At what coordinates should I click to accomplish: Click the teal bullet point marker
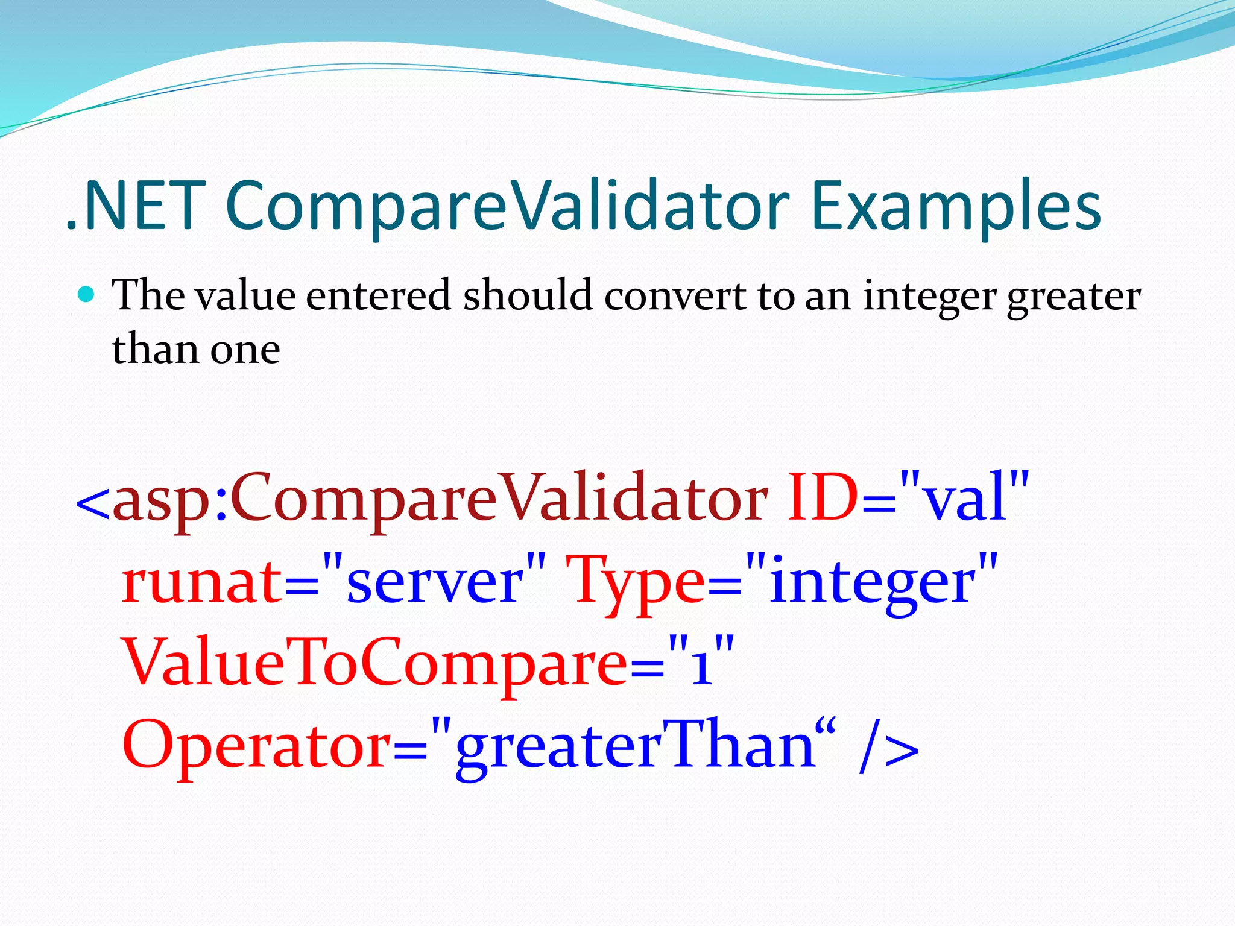coord(87,295)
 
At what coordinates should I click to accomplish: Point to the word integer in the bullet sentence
coord(929,297)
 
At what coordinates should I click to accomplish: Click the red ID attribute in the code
coord(823,498)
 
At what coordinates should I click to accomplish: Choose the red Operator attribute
coord(256,746)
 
